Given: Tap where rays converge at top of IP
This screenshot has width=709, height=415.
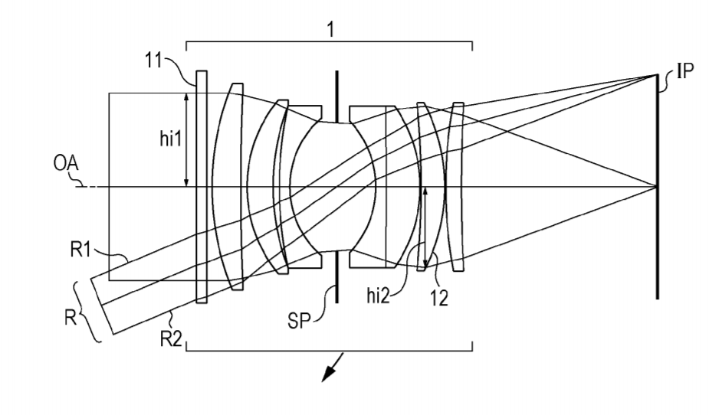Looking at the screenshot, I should tap(656, 75).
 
